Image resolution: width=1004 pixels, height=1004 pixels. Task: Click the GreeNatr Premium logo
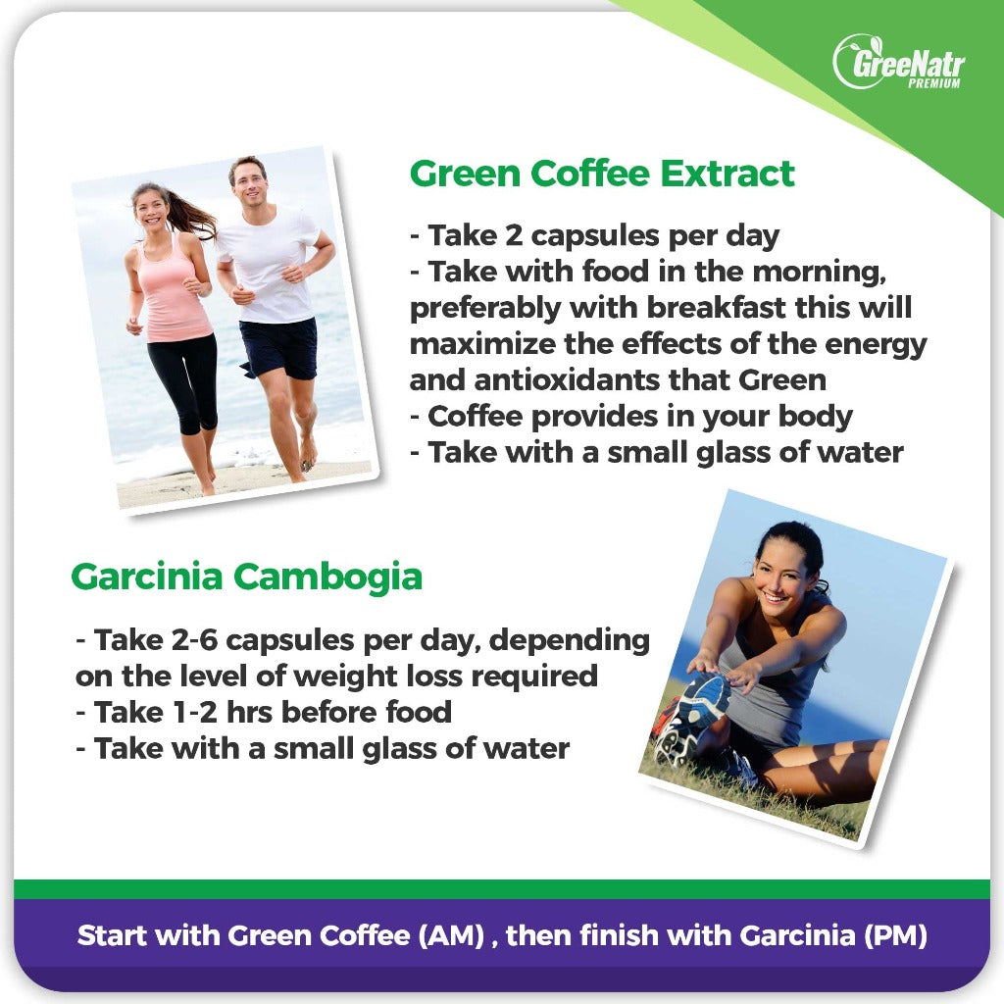(899, 62)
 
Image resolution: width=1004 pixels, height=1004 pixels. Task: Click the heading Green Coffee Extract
(602, 174)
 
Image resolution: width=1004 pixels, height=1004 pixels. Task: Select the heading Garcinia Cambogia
(246, 577)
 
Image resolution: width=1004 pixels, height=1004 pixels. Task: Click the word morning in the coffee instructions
(819, 273)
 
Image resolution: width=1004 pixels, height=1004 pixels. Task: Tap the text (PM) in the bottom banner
(895, 935)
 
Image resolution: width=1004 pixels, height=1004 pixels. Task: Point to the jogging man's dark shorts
(279, 348)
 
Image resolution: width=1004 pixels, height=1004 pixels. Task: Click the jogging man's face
(248, 183)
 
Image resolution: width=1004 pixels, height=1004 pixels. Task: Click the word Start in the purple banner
(113, 935)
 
